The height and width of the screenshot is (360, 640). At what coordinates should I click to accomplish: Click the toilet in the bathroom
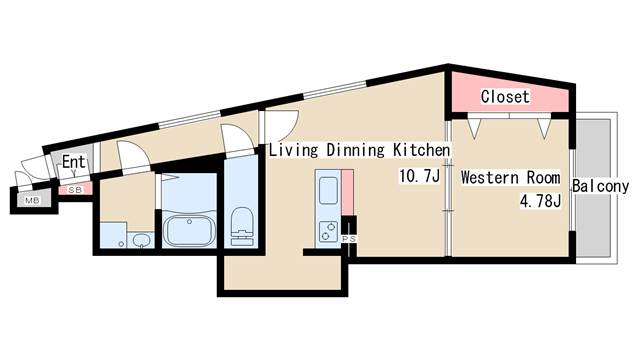242,227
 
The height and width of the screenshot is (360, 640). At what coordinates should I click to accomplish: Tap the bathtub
189,231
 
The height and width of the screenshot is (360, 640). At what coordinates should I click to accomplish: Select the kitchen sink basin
328,190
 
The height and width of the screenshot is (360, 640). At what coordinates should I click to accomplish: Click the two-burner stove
328,231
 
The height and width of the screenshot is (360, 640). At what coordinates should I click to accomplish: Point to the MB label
32,200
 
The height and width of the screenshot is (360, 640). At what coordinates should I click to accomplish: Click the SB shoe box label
75,190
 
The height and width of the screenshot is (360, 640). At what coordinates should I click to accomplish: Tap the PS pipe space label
349,239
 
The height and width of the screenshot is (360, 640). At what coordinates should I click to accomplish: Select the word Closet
505,97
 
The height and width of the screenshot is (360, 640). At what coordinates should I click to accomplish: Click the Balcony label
600,186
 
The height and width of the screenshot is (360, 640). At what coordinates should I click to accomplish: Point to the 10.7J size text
420,176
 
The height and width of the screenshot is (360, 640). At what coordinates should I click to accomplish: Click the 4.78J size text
540,201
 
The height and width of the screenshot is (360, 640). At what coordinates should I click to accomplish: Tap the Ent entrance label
73,162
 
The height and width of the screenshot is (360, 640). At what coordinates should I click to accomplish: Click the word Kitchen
422,150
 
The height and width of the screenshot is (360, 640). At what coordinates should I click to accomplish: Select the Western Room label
511,178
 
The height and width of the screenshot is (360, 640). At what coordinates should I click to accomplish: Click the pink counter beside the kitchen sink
347,192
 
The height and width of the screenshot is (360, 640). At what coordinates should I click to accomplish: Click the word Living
293,150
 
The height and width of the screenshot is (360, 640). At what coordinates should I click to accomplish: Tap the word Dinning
356,150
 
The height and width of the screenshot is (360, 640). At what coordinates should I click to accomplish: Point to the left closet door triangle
474,127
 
